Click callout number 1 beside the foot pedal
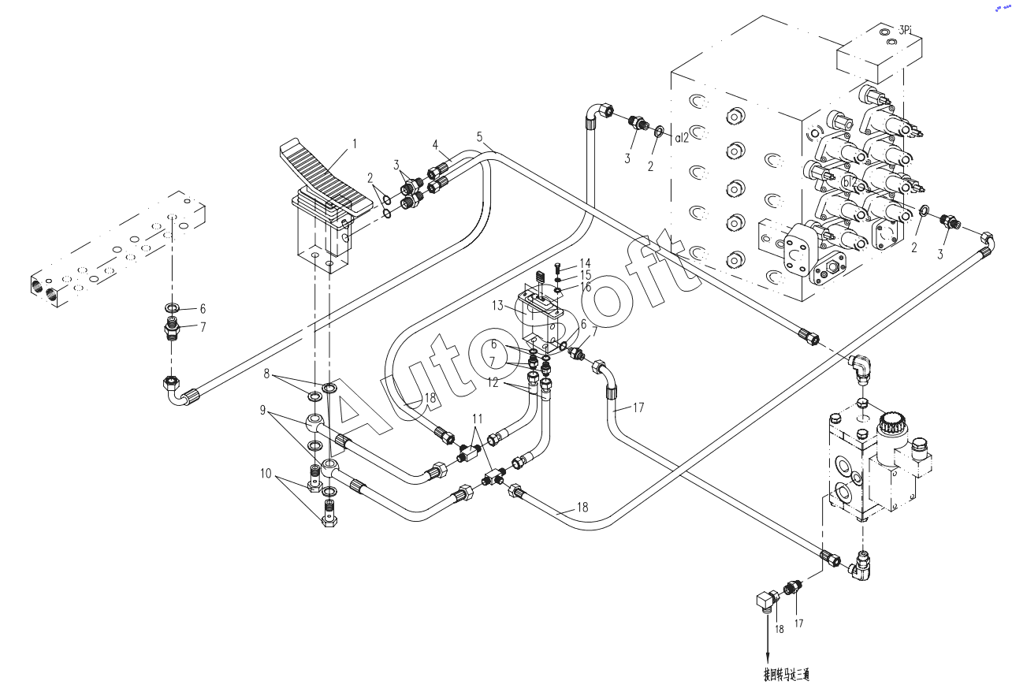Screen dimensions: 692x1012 coord(355,143)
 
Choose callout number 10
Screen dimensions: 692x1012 coord(266,474)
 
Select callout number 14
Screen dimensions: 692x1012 coord(585,262)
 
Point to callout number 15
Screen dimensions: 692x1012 coord(585,274)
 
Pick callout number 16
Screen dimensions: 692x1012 coord(585,287)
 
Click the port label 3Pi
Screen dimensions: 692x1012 coord(905,30)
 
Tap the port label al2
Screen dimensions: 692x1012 coord(682,137)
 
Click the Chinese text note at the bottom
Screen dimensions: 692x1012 coord(786,675)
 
